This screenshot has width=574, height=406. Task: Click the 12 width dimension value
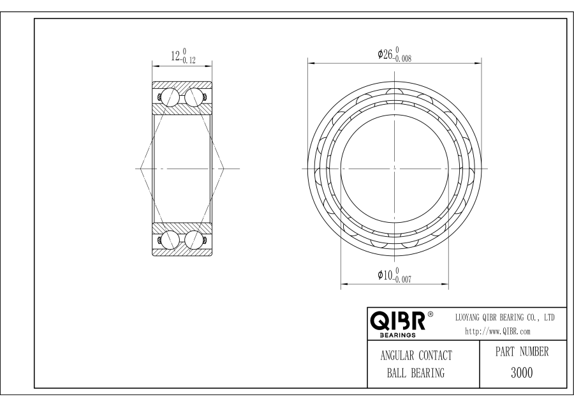tap(176, 56)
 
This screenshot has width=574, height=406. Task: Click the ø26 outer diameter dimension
tap(385, 54)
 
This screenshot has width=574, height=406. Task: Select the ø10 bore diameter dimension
tap(385, 275)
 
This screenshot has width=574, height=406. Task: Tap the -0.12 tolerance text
tap(188, 60)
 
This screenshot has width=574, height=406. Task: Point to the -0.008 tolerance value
tap(402, 58)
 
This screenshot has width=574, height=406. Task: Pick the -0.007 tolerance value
tap(402, 279)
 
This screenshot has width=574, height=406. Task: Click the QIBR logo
tap(398, 321)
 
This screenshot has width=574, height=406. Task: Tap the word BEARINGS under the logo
tap(397, 335)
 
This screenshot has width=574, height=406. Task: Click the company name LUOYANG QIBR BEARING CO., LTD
tap(505, 318)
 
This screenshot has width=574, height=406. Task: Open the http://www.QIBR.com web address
tap(497, 331)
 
